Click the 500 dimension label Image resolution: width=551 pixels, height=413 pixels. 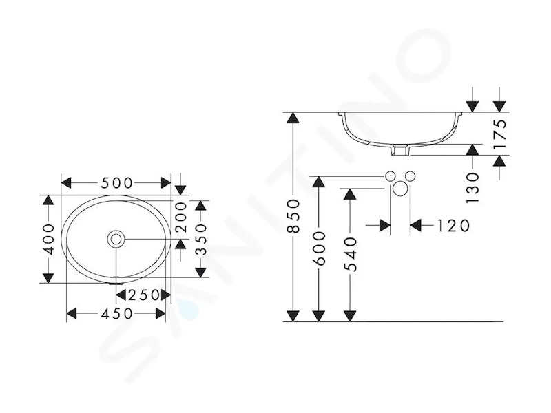tap(117, 183)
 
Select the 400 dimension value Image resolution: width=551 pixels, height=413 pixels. tap(48, 240)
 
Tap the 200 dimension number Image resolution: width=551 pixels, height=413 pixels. tap(181, 218)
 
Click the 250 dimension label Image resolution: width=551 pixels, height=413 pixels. tap(143, 295)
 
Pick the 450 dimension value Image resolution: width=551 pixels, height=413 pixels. tap(117, 314)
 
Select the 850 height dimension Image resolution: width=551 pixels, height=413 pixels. tap(293, 216)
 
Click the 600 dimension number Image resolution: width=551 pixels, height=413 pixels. tap(319, 248)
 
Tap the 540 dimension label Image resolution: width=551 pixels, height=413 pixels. tap(350, 255)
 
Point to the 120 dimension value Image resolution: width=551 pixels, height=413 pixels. tap(453, 226)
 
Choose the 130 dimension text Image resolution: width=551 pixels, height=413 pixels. tap(473, 187)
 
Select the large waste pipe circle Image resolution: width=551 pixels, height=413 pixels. tap(400, 189)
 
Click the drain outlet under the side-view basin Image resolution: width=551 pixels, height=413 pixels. tap(400, 151)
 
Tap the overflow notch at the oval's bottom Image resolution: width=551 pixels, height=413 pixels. tap(116, 282)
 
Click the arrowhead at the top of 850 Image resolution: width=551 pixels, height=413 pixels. tap(293, 118)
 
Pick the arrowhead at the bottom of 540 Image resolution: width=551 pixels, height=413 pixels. tap(350, 316)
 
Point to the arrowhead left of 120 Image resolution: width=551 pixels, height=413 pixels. tap(385, 226)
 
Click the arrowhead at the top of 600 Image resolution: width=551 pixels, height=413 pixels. tap(319, 182)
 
